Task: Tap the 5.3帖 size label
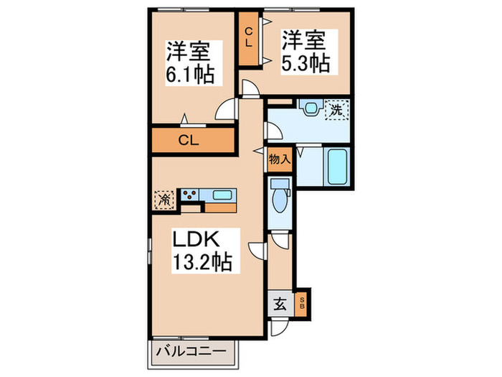coord(306,62)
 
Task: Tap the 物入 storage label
coord(279,159)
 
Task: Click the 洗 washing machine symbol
coord(336,110)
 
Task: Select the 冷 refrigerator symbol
coord(164,198)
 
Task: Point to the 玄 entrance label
coord(280,304)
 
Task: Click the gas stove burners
coord(190,194)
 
